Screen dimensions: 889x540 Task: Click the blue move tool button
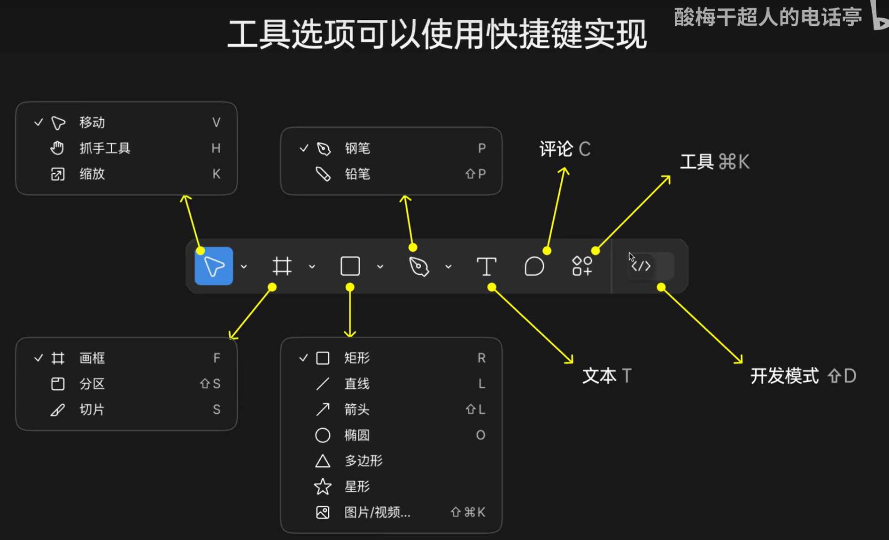click(x=214, y=266)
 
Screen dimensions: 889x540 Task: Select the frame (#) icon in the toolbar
click(x=282, y=266)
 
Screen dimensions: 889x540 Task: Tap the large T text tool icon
click(x=486, y=266)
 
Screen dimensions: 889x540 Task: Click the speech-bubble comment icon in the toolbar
click(x=534, y=266)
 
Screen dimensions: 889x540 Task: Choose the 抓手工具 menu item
click(x=105, y=148)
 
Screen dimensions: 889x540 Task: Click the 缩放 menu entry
click(x=92, y=174)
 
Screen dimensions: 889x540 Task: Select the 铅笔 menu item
click(x=357, y=174)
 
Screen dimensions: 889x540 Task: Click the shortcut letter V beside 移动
click(x=216, y=123)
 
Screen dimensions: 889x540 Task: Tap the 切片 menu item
click(x=92, y=409)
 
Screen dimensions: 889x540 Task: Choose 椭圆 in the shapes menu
click(x=357, y=435)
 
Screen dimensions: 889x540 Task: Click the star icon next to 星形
click(x=323, y=486)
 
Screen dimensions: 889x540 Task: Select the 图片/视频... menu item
click(x=377, y=512)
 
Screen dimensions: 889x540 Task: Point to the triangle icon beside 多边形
click(x=323, y=461)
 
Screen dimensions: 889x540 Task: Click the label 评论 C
click(x=564, y=149)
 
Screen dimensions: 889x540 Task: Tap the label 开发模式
click(x=784, y=376)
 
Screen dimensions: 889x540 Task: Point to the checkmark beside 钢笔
click(x=304, y=148)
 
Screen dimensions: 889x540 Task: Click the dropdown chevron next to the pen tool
click(x=448, y=267)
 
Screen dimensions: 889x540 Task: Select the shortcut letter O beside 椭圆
click(x=480, y=435)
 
